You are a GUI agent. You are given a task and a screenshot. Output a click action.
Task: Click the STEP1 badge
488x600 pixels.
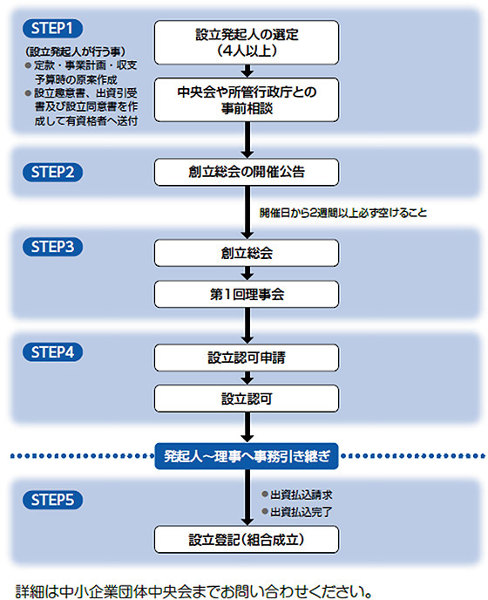[52, 28]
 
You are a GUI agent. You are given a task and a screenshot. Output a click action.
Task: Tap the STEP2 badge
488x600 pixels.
[52, 172]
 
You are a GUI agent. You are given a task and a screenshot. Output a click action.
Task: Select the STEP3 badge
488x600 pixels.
[52, 247]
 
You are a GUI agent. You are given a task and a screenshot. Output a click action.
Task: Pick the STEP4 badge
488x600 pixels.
[52, 352]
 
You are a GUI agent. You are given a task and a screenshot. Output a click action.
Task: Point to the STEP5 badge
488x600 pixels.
[52, 500]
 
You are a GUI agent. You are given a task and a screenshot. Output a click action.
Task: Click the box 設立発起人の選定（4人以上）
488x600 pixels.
[247, 43]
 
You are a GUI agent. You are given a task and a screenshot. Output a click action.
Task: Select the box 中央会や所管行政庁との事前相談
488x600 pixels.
[247, 100]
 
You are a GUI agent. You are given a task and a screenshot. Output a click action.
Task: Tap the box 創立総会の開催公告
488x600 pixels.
[247, 172]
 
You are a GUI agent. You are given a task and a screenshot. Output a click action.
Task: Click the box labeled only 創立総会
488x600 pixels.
[247, 253]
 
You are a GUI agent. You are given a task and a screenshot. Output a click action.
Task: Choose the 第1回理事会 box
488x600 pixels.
[247, 294]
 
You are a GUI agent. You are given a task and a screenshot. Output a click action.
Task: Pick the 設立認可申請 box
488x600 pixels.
[247, 358]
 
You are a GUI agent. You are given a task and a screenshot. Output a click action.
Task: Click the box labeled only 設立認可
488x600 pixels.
[247, 399]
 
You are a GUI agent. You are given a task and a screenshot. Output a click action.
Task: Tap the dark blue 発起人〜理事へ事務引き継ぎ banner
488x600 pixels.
[247, 456]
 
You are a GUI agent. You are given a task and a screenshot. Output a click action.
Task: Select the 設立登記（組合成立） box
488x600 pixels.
[247, 540]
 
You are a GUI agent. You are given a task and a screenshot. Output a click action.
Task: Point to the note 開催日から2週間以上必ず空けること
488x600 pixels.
[343, 213]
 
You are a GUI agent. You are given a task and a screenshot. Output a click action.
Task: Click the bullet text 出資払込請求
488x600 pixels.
[302, 494]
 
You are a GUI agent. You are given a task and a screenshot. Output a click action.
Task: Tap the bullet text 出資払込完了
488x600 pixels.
[302, 512]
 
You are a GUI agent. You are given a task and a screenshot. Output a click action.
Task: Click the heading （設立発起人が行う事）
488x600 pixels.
[75, 51]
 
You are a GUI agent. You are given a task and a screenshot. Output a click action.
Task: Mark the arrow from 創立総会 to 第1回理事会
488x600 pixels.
[247, 273]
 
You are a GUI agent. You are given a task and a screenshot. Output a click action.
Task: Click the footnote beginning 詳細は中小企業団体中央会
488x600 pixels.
[193, 591]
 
